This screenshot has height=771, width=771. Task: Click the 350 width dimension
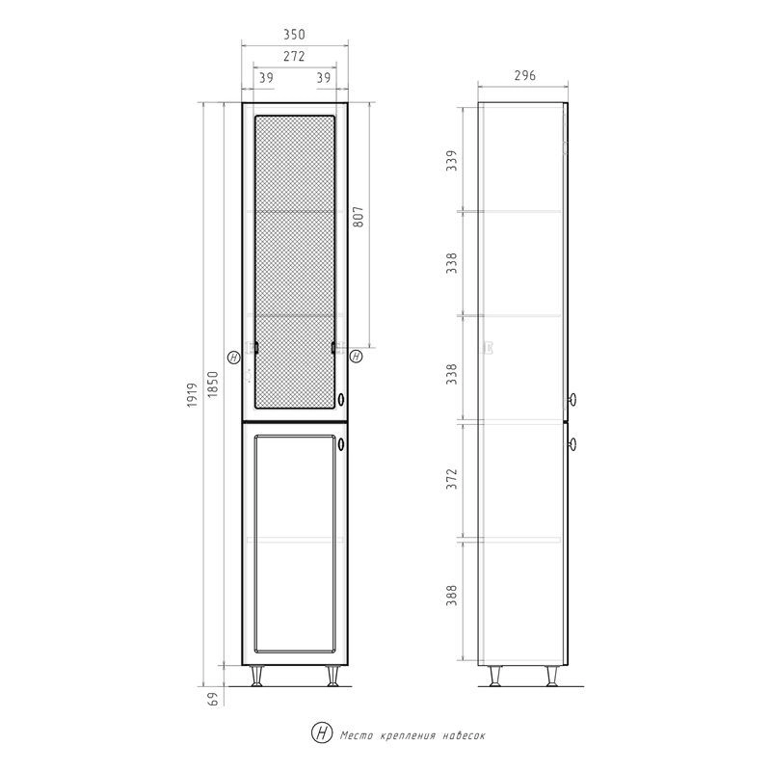pyautogui.click(x=294, y=35)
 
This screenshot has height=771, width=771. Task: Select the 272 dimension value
pyautogui.click(x=294, y=56)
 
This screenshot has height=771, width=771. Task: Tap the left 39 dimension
pyautogui.click(x=266, y=78)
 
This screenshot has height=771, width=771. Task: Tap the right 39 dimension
pyautogui.click(x=324, y=78)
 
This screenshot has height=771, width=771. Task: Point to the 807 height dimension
pyautogui.click(x=359, y=216)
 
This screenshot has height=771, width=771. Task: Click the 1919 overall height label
pyautogui.click(x=192, y=394)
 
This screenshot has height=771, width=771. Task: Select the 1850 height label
pyautogui.click(x=212, y=385)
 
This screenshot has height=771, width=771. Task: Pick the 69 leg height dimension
pyautogui.click(x=212, y=699)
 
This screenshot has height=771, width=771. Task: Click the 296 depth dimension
pyautogui.click(x=524, y=76)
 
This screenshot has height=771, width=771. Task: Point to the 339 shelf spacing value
pyautogui.click(x=451, y=160)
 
